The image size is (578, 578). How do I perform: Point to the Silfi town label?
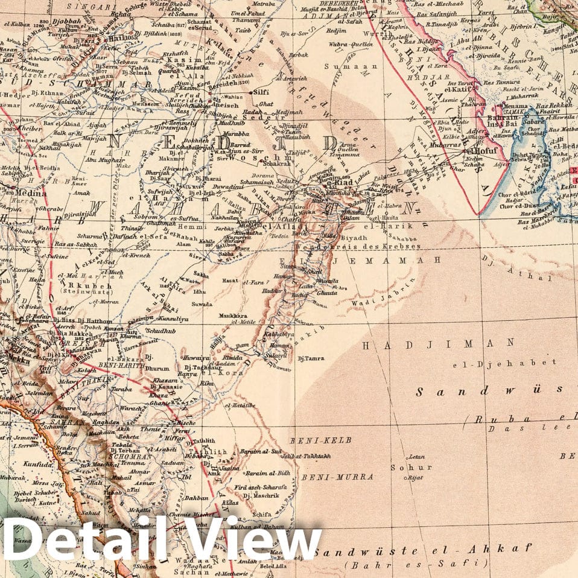pyautogui.click(x=261, y=93)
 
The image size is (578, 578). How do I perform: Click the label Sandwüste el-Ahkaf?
pyautogui.click(x=422, y=549)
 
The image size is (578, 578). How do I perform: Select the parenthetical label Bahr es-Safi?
pyautogui.click(x=416, y=564)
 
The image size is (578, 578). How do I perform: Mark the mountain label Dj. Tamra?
pyautogui.click(x=311, y=358)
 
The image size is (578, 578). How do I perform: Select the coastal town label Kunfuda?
pyautogui.click(x=23, y=464)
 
